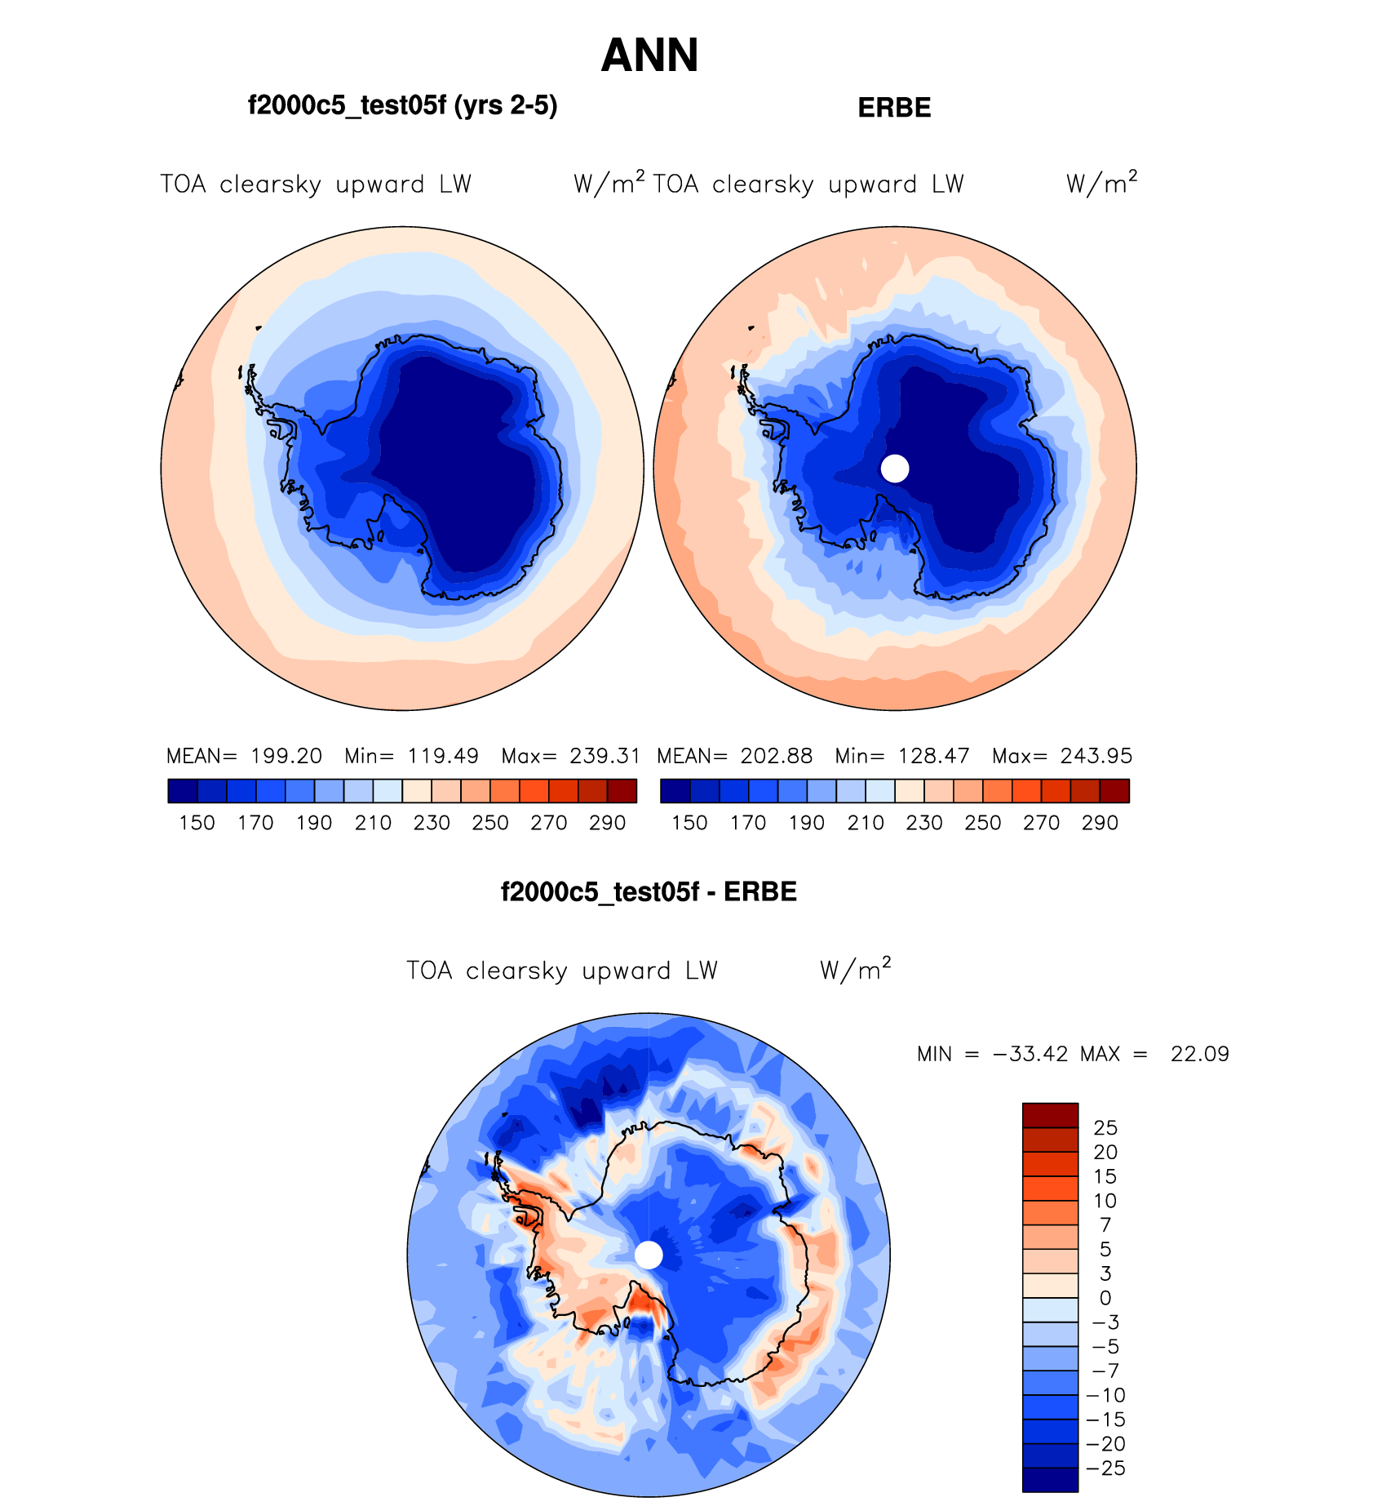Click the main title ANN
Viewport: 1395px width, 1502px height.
click(649, 56)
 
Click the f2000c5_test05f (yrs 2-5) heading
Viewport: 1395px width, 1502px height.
click(402, 105)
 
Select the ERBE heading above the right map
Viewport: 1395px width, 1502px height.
click(894, 108)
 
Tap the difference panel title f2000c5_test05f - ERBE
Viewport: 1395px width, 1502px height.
click(649, 891)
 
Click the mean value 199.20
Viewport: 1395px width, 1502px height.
click(286, 756)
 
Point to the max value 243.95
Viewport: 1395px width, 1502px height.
click(1096, 756)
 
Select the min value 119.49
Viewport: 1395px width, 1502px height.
click(443, 756)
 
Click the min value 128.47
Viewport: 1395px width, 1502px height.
click(933, 756)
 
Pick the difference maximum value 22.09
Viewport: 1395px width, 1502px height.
click(1199, 1054)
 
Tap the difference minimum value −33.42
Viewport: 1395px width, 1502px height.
click(1030, 1054)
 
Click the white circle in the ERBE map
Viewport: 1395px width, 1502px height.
click(895, 469)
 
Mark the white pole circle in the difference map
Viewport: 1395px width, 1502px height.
click(649, 1255)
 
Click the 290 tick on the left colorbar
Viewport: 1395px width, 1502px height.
click(607, 823)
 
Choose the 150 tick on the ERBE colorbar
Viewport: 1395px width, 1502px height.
click(689, 823)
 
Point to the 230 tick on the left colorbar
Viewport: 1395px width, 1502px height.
click(432, 823)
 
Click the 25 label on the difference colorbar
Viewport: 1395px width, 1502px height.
click(1105, 1128)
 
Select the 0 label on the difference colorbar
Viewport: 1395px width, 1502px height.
click(1105, 1298)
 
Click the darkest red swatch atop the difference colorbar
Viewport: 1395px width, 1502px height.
click(1050, 1115)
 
